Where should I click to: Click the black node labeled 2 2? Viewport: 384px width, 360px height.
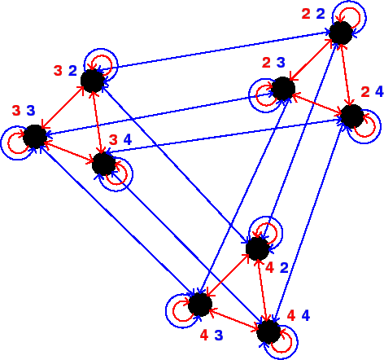click(x=341, y=33)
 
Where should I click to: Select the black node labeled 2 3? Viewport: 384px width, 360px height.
click(x=283, y=89)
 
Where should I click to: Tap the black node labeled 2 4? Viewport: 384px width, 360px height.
click(x=352, y=116)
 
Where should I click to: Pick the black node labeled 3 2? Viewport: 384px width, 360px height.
click(x=93, y=81)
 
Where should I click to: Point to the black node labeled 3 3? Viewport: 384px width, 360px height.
click(x=35, y=137)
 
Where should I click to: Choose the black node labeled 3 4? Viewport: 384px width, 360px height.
click(x=104, y=164)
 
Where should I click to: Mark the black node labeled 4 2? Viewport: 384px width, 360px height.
click(x=258, y=248)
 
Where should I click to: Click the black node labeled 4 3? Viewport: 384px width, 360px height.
click(x=200, y=305)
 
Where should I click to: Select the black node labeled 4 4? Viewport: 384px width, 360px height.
click(x=268, y=331)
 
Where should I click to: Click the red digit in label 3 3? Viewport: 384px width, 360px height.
click(x=16, y=111)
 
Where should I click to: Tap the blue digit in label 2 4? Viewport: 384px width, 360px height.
click(x=379, y=92)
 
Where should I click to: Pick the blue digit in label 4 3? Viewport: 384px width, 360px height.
click(x=219, y=336)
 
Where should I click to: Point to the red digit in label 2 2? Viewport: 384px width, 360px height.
click(x=306, y=14)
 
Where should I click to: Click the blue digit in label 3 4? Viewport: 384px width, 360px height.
click(x=128, y=140)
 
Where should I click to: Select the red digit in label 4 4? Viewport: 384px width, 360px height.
click(x=291, y=315)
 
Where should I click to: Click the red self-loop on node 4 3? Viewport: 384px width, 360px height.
click(x=172, y=311)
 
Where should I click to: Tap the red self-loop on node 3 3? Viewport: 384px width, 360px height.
click(x=8, y=143)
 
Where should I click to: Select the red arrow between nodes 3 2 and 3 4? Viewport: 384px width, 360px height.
click(x=98, y=122)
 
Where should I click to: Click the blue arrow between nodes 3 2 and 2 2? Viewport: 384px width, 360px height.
click(x=213, y=51)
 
